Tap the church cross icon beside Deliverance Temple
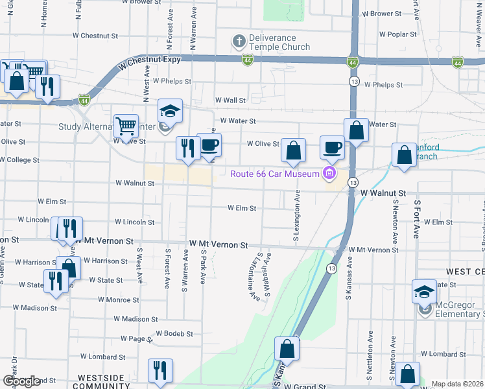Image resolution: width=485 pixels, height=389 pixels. pyautogui.click(x=239, y=42)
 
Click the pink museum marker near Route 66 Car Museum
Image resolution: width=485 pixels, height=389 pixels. pyautogui.click(x=329, y=173)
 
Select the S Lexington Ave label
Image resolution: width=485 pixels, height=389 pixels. pyautogui.click(x=296, y=216)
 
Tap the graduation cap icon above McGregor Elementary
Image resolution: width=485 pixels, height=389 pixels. pyautogui.click(x=424, y=291)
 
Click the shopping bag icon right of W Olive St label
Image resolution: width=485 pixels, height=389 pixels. pyautogui.click(x=293, y=150)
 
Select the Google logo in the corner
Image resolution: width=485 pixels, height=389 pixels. pyautogui.click(x=21, y=381)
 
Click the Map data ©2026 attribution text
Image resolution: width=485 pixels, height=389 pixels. pyautogui.click(x=457, y=384)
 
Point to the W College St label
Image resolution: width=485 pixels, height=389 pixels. pyautogui.click(x=19, y=159)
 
